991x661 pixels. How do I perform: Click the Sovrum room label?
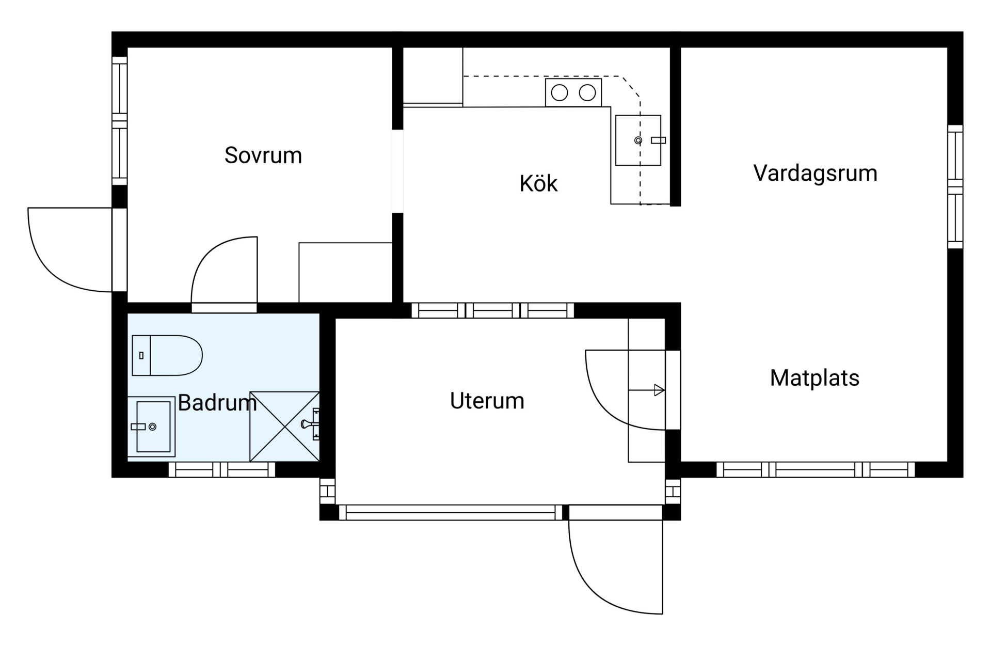pos(263,155)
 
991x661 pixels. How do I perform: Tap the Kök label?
pos(538,184)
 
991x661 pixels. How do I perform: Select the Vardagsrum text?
pos(815,173)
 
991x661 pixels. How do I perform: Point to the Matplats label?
pos(814,378)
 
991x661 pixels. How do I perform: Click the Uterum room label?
pos(487,401)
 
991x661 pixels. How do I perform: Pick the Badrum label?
pos(217,403)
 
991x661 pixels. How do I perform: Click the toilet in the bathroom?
pos(167,355)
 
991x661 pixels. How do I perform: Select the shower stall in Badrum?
pos(284,427)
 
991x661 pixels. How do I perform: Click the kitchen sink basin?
pos(638,140)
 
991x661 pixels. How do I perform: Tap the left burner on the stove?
pos(560,93)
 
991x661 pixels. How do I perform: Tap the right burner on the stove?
pos(587,93)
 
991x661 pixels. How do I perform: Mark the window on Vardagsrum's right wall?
pos(955,186)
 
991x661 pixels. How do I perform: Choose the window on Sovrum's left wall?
pos(120,120)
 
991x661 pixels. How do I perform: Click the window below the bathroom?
pos(222,469)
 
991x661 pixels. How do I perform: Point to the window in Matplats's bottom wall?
pos(816,469)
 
